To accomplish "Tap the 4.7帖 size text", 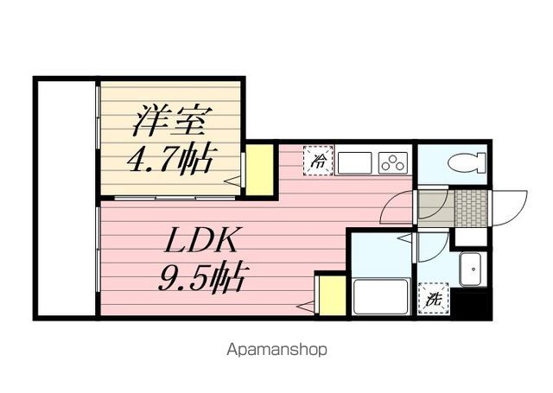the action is [x=170, y=158].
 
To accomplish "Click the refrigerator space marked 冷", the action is [x=318, y=161].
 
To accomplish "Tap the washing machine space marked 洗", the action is [x=433, y=299].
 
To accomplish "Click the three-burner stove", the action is [x=393, y=162].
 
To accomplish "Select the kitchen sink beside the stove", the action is [x=354, y=163].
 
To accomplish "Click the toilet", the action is [x=467, y=163].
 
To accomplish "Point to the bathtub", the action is [x=381, y=295].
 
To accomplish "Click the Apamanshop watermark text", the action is [x=276, y=350].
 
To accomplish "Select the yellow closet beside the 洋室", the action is [x=259, y=169].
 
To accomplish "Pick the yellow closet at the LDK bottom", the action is [x=332, y=295].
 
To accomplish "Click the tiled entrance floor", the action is [x=472, y=208].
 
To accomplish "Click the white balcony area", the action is [x=67, y=199].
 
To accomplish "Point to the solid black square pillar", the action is [x=472, y=304].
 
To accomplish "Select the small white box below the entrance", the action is [x=471, y=238].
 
